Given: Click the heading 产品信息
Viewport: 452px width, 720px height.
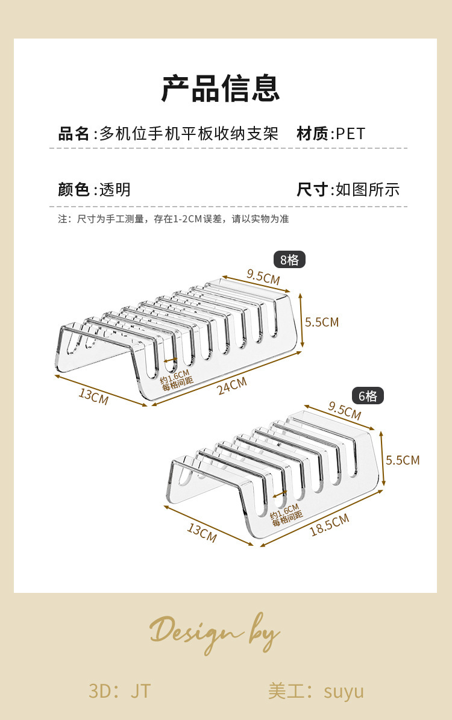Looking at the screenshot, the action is click(221, 88).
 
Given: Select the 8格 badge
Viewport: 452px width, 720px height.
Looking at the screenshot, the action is click(289, 260).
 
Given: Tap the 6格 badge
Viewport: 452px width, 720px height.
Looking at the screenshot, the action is click(368, 396).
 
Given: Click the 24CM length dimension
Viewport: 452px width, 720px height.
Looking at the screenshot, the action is click(232, 386).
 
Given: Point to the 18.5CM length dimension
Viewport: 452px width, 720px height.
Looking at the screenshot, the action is click(329, 525).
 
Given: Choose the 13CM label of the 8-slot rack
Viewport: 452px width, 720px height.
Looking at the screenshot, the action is click(93, 396).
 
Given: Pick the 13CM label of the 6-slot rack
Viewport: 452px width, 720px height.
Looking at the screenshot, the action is click(202, 532).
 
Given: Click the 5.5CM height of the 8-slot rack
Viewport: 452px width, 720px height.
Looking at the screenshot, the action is click(322, 322).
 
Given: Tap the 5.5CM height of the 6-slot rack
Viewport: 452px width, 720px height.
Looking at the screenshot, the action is click(403, 460).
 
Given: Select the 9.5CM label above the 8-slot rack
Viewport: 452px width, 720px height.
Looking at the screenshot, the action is click(263, 277).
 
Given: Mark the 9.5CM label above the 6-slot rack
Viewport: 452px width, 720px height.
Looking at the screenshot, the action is click(345, 410).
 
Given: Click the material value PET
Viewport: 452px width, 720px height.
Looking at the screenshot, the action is click(351, 134).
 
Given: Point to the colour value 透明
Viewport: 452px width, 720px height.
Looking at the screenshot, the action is click(115, 189).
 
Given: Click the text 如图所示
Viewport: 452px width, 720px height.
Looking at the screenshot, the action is click(368, 189).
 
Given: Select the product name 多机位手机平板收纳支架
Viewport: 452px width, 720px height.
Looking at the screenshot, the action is click(189, 134).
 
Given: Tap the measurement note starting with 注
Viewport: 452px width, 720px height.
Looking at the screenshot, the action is click(173, 219).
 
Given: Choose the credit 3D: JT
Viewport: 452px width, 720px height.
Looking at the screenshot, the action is click(119, 691).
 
